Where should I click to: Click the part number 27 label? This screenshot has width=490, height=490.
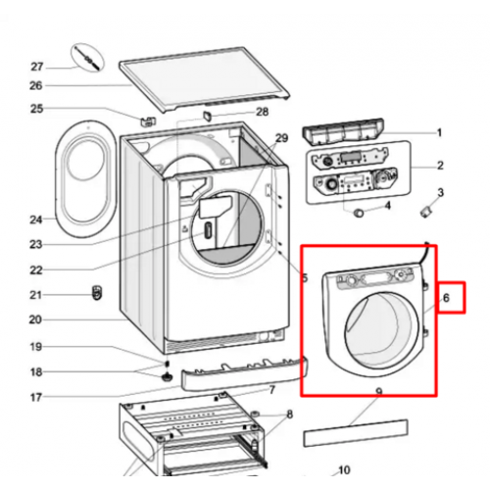[x=37, y=67]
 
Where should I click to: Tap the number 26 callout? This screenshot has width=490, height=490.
[x=36, y=85]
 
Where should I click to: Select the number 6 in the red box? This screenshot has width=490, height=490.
[x=446, y=298]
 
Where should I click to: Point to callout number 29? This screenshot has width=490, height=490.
[x=281, y=138]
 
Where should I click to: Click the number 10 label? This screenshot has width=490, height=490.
[x=344, y=470]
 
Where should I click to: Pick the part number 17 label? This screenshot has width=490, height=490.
[x=36, y=397]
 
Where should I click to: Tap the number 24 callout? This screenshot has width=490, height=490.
[x=36, y=220]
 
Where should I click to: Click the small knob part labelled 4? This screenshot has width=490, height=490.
[x=359, y=213]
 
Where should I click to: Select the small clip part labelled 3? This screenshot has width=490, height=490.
[x=426, y=212]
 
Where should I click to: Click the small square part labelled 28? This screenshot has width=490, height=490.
[x=208, y=116]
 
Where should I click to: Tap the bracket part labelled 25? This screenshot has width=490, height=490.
[x=148, y=122]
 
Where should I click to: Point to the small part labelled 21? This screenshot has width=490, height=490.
[x=97, y=292]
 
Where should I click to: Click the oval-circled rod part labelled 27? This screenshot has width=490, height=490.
[x=87, y=58]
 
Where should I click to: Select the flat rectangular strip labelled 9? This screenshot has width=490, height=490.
[x=356, y=433]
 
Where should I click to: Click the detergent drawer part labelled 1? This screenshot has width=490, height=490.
[x=343, y=131]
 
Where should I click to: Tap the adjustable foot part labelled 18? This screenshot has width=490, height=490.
[x=167, y=377]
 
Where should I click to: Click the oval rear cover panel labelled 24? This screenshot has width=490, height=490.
[x=86, y=178]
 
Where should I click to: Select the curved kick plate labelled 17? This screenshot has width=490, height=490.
[x=244, y=373]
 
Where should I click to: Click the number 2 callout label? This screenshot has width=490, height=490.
[x=440, y=166]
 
